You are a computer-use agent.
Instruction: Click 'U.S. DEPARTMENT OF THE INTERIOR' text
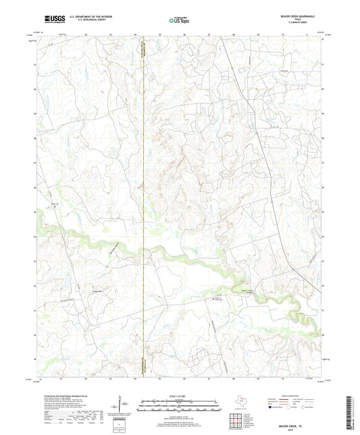(x=80, y=16)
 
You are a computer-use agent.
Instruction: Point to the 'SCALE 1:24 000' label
(x=179, y=395)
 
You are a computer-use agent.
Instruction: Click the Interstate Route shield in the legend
(x=272, y=407)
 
